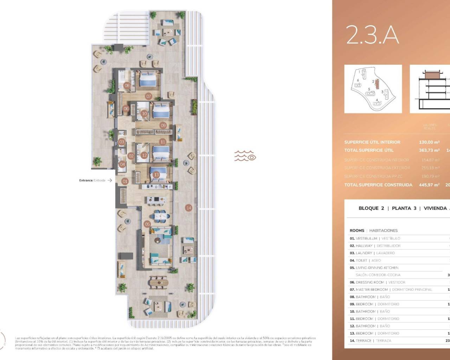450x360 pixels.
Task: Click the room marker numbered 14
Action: (189, 208)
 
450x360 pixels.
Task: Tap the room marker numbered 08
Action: (127, 85)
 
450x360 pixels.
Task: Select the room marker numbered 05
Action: (147, 224)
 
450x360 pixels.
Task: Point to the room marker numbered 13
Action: (156, 175)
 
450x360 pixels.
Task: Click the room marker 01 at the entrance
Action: (124, 181)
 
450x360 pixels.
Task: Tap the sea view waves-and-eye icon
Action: (245, 156)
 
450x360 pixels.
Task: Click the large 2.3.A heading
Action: (372, 35)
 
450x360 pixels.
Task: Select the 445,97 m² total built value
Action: (429, 185)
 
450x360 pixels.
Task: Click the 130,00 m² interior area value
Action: (429, 142)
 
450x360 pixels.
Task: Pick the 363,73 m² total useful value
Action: (429, 150)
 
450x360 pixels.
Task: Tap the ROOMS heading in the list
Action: (357, 231)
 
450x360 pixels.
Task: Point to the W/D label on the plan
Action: (122, 134)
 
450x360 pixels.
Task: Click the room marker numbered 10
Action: (144, 114)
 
